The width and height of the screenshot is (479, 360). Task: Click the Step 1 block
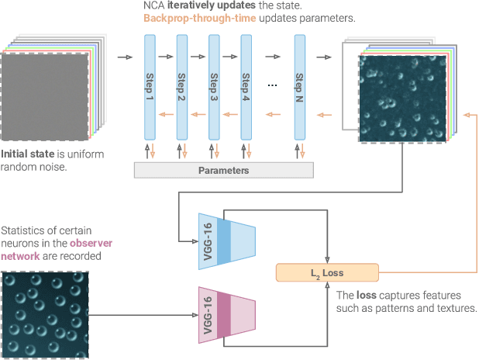(150, 86)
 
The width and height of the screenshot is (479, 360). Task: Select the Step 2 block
(182, 86)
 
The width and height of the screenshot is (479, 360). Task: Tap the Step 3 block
(214, 86)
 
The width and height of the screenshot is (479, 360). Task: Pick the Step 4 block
(246, 86)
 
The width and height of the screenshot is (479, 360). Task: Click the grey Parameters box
(225, 170)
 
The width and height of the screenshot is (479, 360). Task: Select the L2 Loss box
(327, 272)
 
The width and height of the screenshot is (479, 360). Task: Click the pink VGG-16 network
(224, 316)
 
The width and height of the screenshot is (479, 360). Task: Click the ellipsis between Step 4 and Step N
(272, 85)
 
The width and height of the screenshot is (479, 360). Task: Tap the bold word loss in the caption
(368, 296)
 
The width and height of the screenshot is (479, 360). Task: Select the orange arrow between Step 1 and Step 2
(166, 115)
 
